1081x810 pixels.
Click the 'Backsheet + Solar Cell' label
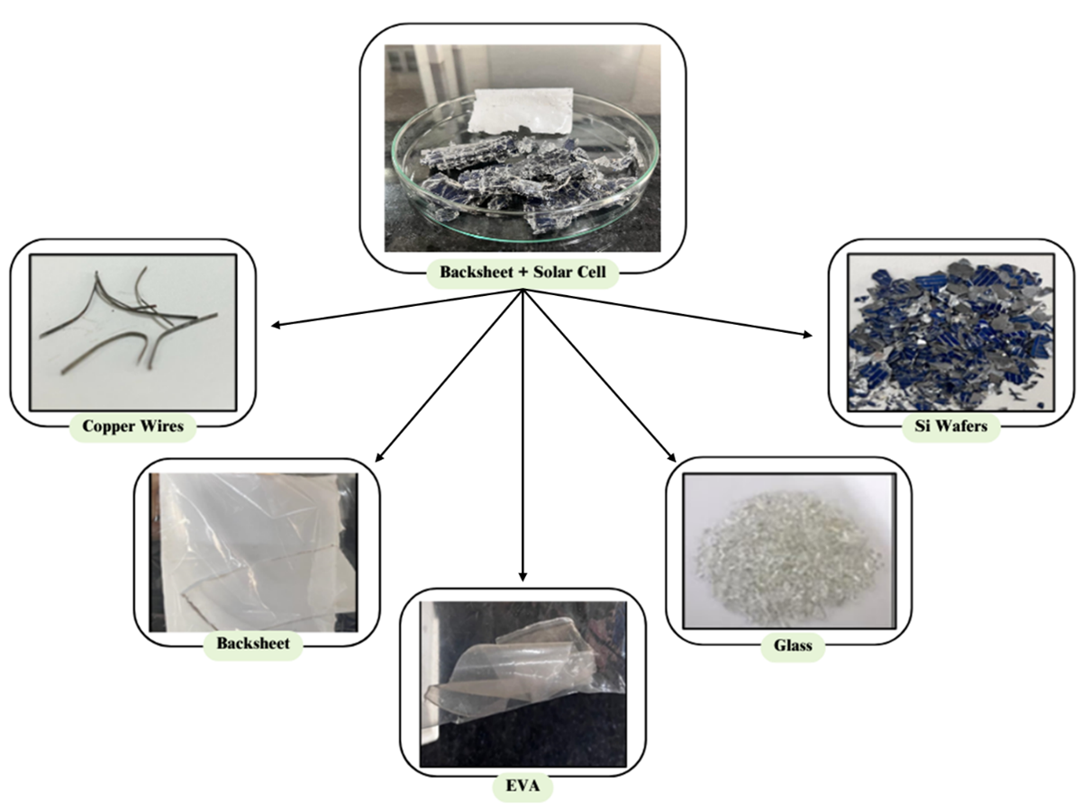(522, 271)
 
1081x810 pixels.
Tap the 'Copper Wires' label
(132, 426)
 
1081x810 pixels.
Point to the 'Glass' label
(793, 645)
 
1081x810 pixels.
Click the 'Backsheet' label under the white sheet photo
(252, 644)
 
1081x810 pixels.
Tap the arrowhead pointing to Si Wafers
(806, 336)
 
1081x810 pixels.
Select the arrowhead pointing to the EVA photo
(523, 576)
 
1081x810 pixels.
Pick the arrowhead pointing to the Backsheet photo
(376, 459)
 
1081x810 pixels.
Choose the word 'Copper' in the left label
(110, 426)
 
